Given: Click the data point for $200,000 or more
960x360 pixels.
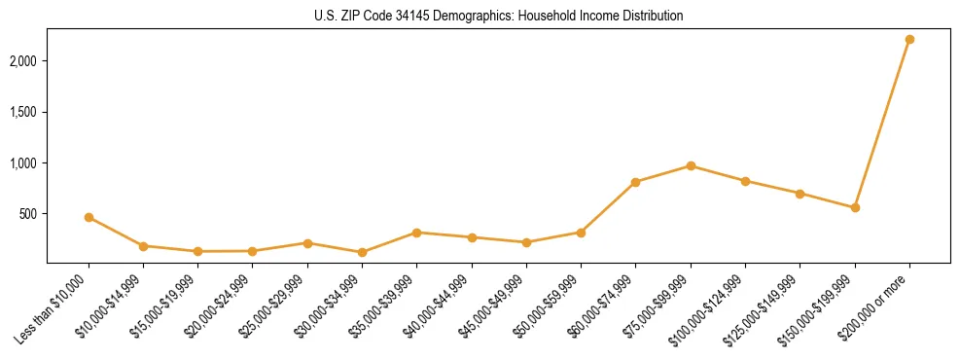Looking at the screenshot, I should [x=909, y=39].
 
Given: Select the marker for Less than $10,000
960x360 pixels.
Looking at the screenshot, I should [x=89, y=217].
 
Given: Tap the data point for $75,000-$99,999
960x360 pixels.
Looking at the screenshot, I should [x=691, y=165].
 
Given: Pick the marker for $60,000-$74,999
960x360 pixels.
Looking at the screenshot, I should [x=635, y=182].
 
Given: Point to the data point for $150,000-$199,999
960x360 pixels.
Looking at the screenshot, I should [x=855, y=207].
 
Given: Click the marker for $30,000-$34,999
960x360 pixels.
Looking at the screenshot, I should [x=362, y=252].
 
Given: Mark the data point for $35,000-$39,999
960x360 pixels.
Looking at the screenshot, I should [x=416, y=233].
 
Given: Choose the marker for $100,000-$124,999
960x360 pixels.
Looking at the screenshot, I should [x=745, y=181].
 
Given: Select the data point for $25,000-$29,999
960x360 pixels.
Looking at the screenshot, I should [x=307, y=243].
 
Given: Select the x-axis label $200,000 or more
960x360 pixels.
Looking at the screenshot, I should [x=876, y=302].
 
